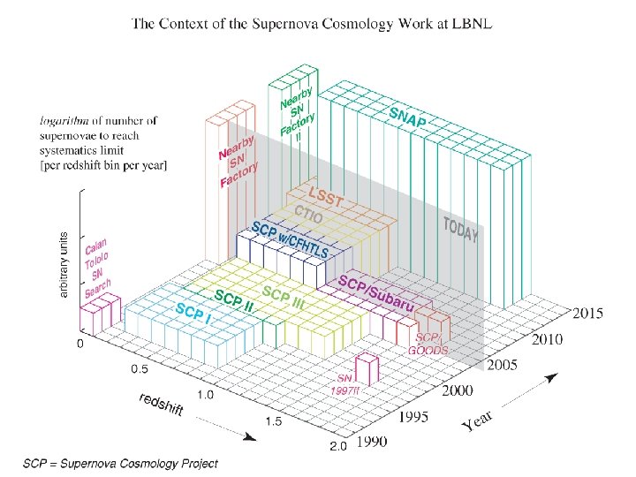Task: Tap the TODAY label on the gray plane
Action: coord(461,228)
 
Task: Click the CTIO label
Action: coord(308,215)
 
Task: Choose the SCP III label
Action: coord(284,298)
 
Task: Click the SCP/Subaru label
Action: coord(377,293)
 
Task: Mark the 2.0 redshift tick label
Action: coord(337,447)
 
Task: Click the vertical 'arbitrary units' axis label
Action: coord(64,264)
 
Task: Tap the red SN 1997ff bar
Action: coord(367,367)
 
